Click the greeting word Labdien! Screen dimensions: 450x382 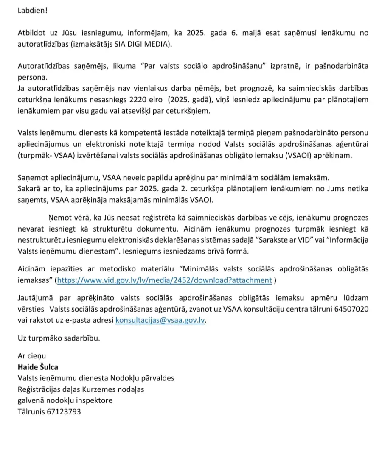pos(33,10)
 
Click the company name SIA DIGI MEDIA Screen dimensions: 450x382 pos(143,44)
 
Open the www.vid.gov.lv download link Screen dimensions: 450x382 pos(164,280)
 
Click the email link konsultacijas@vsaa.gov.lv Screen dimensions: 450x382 pos(160,321)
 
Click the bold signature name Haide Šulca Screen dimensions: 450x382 pos(38,367)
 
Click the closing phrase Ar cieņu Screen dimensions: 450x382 pos(32,356)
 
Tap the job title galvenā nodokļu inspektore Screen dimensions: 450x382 pos(65,400)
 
